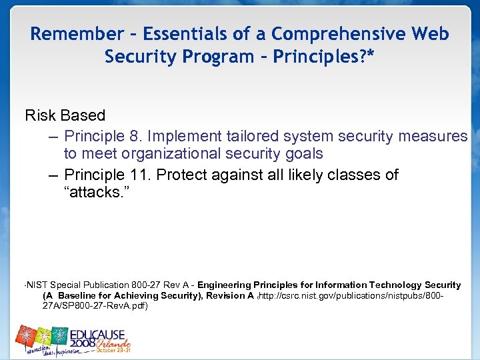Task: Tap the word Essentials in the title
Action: point(185,34)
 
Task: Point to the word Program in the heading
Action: point(221,57)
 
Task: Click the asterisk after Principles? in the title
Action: point(370,55)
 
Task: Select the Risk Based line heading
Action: point(65,116)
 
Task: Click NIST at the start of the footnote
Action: point(37,285)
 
